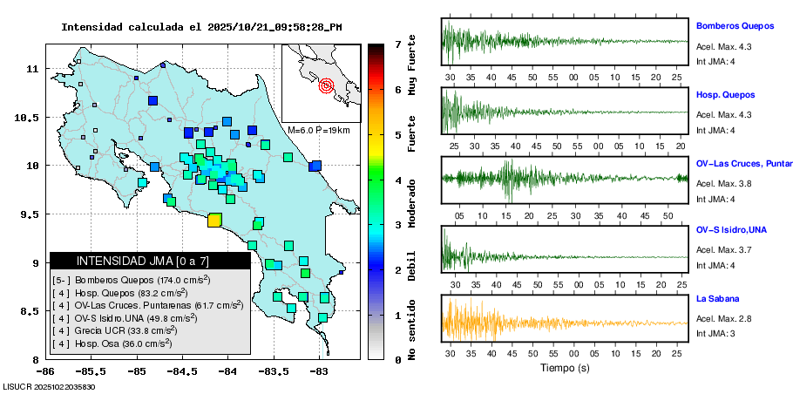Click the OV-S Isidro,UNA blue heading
tap(729, 230)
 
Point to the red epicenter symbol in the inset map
tap(327, 85)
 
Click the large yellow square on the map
tap(213, 220)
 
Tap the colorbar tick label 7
tap(397, 44)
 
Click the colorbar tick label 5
tap(397, 135)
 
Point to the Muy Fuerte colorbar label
tap(412, 71)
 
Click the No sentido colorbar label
tap(412, 326)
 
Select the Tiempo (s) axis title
tap(564, 368)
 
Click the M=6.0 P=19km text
tap(318, 130)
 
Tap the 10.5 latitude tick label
tap(33, 117)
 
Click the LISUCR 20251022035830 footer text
tap(50, 386)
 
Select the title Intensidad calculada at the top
tap(201, 27)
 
